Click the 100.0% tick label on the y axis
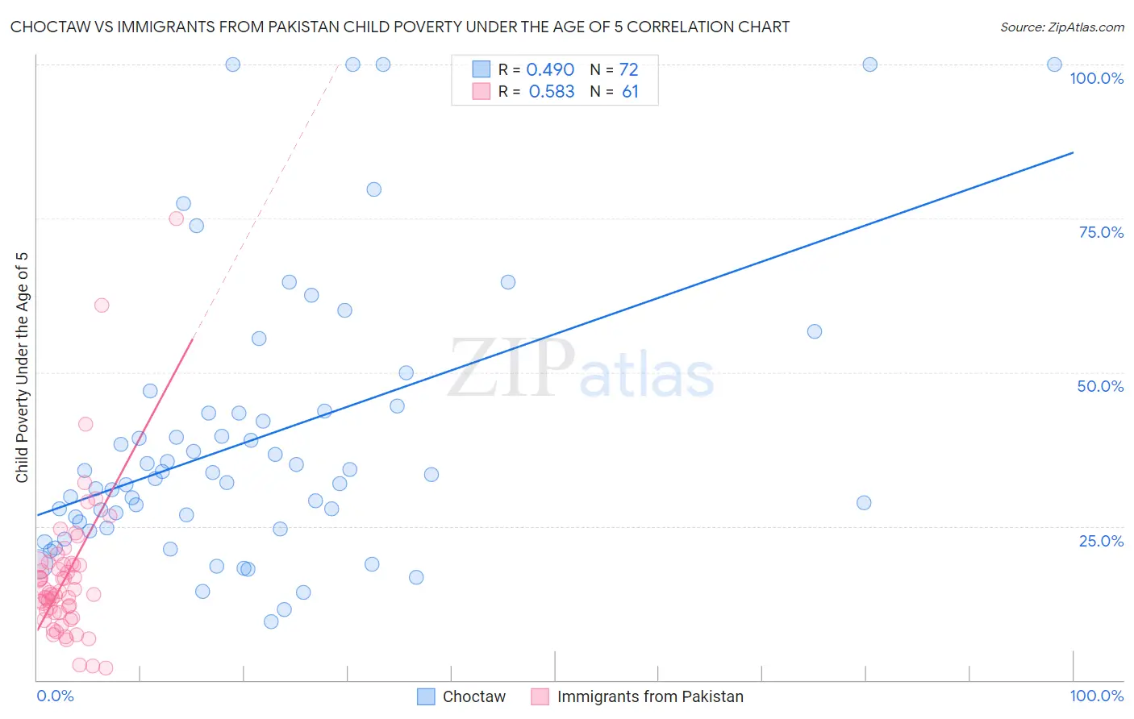[1096, 78]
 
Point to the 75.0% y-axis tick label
[1101, 232]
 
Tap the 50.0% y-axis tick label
[1100, 386]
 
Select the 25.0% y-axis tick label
[1101, 541]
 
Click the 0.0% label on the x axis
[55, 696]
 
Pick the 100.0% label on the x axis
[1096, 696]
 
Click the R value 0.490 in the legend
[550, 70]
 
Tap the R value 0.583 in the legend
[552, 92]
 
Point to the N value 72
[628, 70]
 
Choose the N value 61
[630, 92]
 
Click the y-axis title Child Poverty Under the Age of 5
[22, 368]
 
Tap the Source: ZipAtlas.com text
[1061, 27]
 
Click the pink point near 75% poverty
[177, 218]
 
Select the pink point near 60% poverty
[102, 305]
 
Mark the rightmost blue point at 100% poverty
[1054, 64]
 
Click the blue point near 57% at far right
[815, 331]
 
